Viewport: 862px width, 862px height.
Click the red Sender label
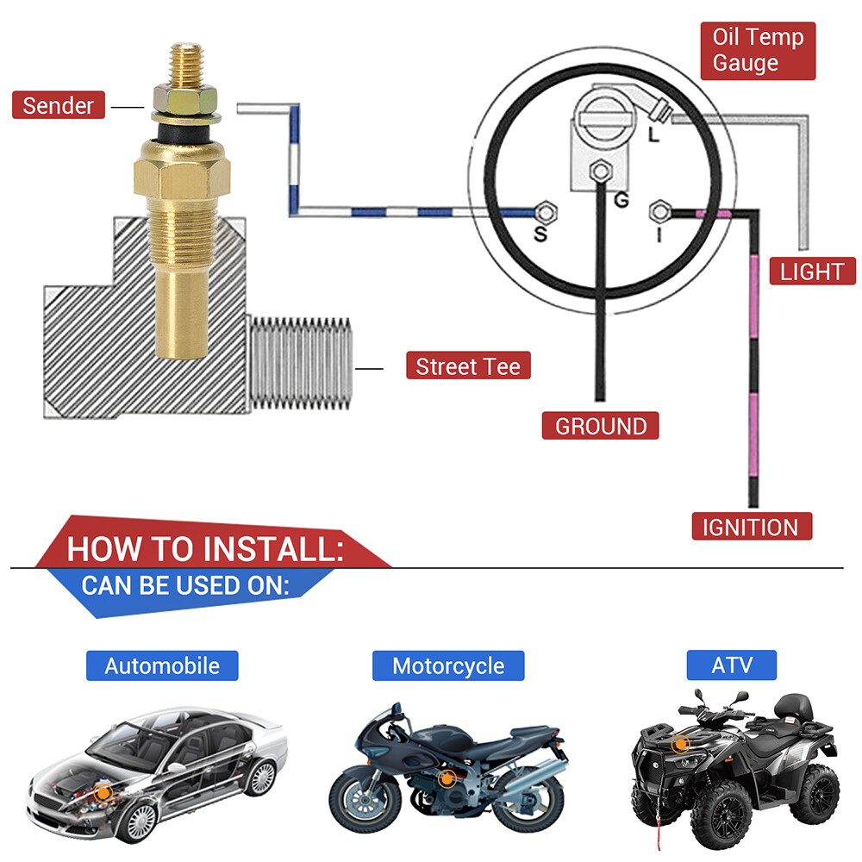coord(58,106)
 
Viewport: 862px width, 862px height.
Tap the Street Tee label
coord(467,367)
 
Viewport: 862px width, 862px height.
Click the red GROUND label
coord(600,426)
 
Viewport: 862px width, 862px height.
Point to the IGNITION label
coord(751,527)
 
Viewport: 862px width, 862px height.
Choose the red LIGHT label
coord(811,272)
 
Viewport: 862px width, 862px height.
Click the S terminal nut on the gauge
coord(545,211)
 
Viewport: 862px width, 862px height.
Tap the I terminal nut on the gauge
coord(660,210)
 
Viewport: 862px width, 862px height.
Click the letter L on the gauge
coord(655,135)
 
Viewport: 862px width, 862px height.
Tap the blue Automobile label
coord(162,665)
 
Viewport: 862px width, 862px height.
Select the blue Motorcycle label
coord(447,665)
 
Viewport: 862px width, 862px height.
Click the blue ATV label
coord(732,665)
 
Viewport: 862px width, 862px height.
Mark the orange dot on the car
coord(104,790)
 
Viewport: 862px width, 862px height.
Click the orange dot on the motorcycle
coord(447,779)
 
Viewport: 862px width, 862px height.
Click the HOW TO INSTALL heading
coord(205,549)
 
